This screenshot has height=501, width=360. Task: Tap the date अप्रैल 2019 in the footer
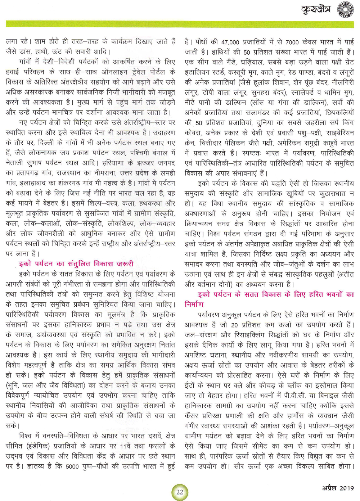(338, 488)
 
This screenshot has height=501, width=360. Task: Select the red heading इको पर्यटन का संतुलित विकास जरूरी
(76, 264)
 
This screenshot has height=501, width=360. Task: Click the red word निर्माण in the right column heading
(194, 304)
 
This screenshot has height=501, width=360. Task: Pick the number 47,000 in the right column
(230, 42)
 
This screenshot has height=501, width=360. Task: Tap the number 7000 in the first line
(292, 42)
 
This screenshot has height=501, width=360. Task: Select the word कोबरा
(195, 133)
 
